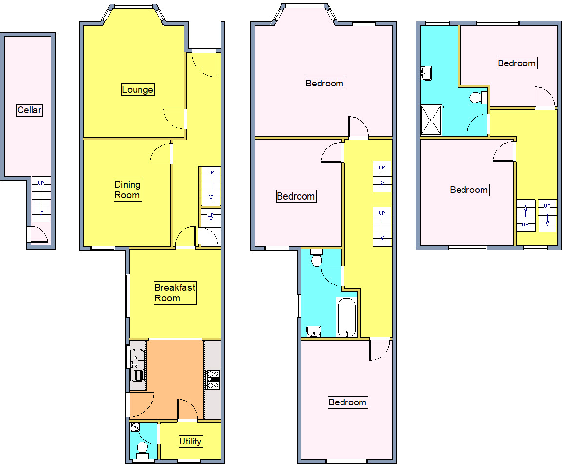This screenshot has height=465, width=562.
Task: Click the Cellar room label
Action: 29,110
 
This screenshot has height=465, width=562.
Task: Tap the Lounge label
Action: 138,89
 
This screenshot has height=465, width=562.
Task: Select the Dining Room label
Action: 127,190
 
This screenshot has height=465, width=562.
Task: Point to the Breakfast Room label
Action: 175,293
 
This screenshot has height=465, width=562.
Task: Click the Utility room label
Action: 190,441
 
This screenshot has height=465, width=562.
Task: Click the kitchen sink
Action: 138,365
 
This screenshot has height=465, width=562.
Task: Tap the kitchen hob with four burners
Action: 213,380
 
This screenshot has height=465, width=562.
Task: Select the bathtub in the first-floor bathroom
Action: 346,317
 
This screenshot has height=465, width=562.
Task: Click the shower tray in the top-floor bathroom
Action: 432,119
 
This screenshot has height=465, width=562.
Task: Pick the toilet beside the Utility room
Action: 142,447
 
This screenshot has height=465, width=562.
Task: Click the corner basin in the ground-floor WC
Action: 135,428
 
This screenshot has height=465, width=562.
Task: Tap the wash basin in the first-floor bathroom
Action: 314,332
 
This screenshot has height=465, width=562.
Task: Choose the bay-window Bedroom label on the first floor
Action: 324,83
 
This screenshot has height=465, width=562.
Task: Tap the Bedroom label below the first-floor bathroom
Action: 347,402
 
